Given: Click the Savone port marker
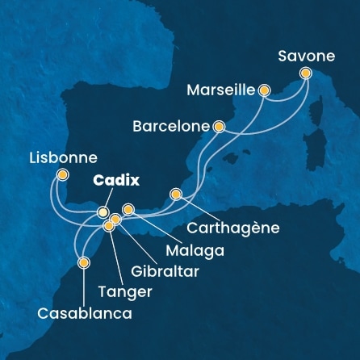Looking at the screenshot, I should pyautogui.click(x=307, y=73).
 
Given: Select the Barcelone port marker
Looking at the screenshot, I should pyautogui.click(x=219, y=127).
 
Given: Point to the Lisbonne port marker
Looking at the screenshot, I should pyautogui.click(x=63, y=174).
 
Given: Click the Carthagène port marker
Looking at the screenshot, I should pyautogui.click(x=176, y=194).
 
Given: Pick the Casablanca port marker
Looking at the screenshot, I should pyautogui.click(x=83, y=262).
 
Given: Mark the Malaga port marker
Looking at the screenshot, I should pyautogui.click(x=128, y=211).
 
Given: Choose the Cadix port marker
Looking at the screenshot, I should pyautogui.click(x=103, y=212).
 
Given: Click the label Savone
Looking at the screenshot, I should pyautogui.click(x=304, y=56).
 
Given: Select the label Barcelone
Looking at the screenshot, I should pyautogui.click(x=172, y=127).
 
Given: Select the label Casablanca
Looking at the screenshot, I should pyautogui.click(x=84, y=312).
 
